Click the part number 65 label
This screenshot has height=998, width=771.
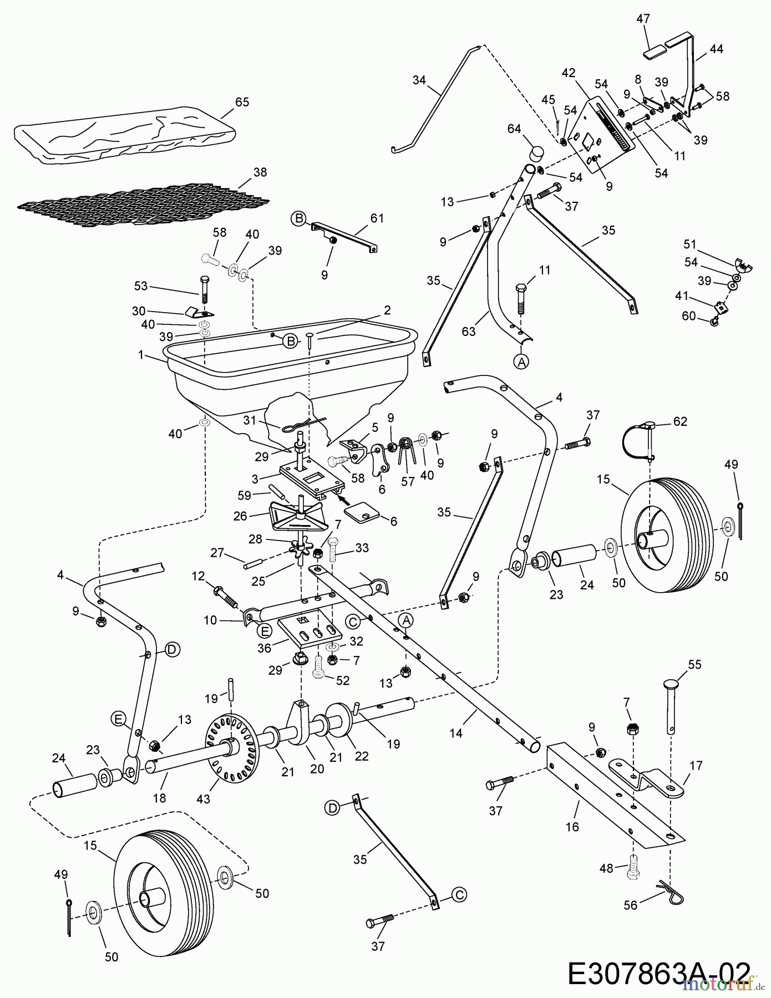coord(242,102)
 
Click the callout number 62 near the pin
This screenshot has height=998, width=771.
coord(680,421)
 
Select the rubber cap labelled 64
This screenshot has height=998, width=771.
coord(536,152)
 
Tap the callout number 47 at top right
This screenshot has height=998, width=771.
coord(643,19)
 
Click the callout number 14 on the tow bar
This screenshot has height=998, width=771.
coord(455,732)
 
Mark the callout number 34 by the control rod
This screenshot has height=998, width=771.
coord(419,80)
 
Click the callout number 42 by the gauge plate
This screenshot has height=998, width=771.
coord(568,73)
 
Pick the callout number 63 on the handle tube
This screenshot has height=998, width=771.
coord(469,332)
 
